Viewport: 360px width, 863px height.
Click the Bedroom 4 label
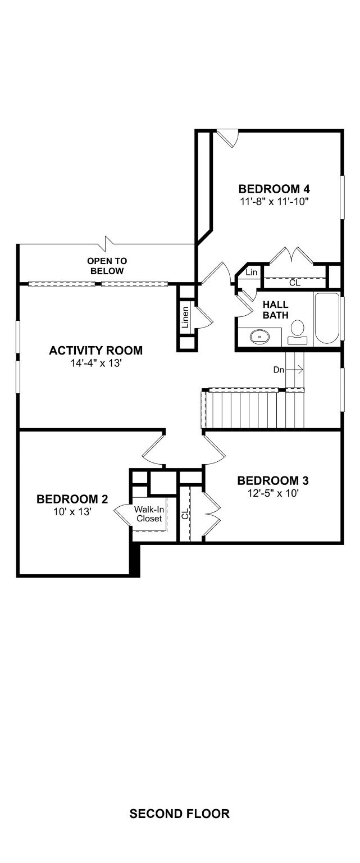pos(274,189)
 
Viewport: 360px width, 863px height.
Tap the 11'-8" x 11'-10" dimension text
pos(275,202)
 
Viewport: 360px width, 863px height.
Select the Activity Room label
pos(96,350)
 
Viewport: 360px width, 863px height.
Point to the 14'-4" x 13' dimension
pos(96,363)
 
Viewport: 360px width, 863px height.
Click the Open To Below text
pos(107,266)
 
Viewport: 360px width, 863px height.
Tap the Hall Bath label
pos(276,310)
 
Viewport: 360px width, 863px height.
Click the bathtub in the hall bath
pos(327,319)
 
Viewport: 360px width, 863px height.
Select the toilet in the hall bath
pos(297,332)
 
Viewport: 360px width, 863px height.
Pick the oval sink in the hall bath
pos(259,337)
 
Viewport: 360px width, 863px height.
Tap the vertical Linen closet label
pos(185,317)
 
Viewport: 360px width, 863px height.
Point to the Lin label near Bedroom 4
pos(252,272)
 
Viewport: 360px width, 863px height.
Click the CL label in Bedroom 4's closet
pos(294,283)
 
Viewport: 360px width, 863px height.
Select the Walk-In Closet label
pos(149,514)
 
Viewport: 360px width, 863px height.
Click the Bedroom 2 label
pos(72,499)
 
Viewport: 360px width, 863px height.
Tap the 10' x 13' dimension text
pos(72,512)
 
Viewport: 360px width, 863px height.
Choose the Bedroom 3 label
pos(273,480)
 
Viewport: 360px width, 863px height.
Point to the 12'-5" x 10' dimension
pos(274,493)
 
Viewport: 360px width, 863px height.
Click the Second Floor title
pos(180,814)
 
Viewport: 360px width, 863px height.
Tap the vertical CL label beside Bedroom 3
pos(185,514)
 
